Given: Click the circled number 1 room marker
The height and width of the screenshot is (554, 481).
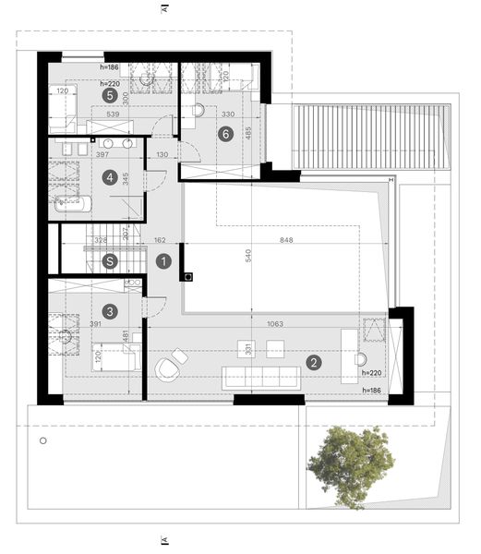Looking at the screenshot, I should [163, 261].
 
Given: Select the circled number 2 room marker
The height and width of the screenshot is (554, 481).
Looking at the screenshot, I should [314, 363].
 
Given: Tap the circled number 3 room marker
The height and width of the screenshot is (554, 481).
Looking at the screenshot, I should [110, 311].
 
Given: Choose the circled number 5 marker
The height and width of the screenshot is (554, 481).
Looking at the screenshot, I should [110, 94].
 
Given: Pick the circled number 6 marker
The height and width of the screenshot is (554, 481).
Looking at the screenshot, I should [224, 133].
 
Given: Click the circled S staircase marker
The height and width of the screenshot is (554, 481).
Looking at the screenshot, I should [110, 261].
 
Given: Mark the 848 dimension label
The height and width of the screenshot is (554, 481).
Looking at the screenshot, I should [294, 241].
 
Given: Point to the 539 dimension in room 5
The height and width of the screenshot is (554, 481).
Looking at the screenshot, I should [115, 115].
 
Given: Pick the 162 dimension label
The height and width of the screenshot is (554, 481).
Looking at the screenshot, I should [158, 241].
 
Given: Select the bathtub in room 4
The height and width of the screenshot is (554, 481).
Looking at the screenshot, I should [72, 205].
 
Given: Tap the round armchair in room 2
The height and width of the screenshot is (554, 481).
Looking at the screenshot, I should [168, 367].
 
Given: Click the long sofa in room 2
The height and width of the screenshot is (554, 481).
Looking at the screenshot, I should [261, 376].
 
